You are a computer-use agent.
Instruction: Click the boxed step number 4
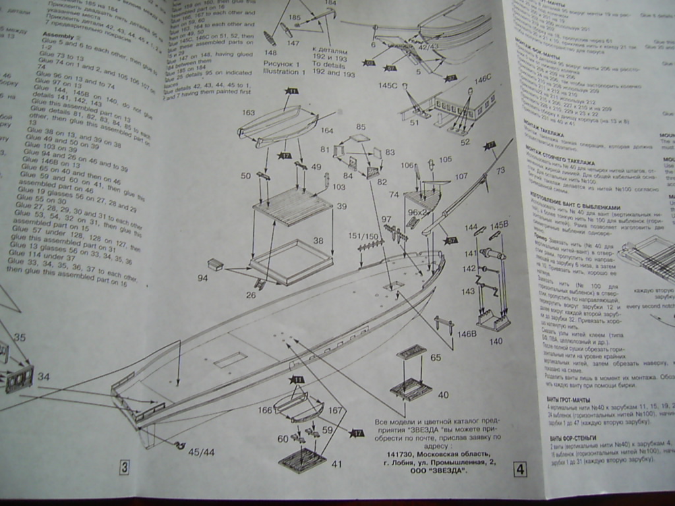[520, 469]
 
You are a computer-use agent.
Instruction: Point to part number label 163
[248, 113]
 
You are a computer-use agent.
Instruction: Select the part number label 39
[341, 206]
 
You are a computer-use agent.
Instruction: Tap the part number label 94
[202, 278]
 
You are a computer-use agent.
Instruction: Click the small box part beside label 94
[216, 264]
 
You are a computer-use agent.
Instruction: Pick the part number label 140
[495, 341]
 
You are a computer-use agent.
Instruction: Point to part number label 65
[435, 358]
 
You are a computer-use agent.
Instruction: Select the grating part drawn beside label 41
[302, 459]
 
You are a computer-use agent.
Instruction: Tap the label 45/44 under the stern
[200, 452]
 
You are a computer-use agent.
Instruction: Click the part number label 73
[501, 171]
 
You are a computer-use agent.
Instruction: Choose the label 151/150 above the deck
[363, 236]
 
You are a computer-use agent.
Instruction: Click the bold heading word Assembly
[57, 37]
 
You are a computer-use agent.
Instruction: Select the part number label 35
[20, 338]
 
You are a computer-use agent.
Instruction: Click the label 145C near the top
[388, 86]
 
